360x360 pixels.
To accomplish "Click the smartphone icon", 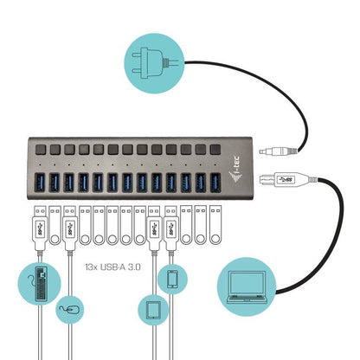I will [172, 279].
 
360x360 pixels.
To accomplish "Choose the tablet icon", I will [153, 310].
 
